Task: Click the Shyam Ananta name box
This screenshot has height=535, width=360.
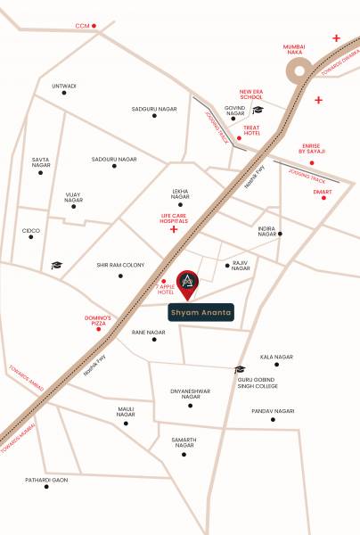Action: [201, 314]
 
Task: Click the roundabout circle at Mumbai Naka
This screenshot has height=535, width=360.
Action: [299, 71]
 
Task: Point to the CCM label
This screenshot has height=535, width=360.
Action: [84, 26]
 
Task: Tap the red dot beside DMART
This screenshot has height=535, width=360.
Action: [324, 197]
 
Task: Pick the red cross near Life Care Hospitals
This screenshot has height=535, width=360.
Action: [173, 230]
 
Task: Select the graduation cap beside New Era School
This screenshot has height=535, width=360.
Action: [258, 111]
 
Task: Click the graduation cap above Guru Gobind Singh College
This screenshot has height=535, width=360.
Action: [239, 369]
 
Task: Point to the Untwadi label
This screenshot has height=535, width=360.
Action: [64, 86]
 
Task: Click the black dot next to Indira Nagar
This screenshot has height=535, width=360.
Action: [280, 235]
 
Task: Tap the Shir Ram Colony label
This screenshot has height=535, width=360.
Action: [120, 265]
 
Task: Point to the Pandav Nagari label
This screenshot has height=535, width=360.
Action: [273, 411]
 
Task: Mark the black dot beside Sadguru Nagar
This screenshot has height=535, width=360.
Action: [154, 115]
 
